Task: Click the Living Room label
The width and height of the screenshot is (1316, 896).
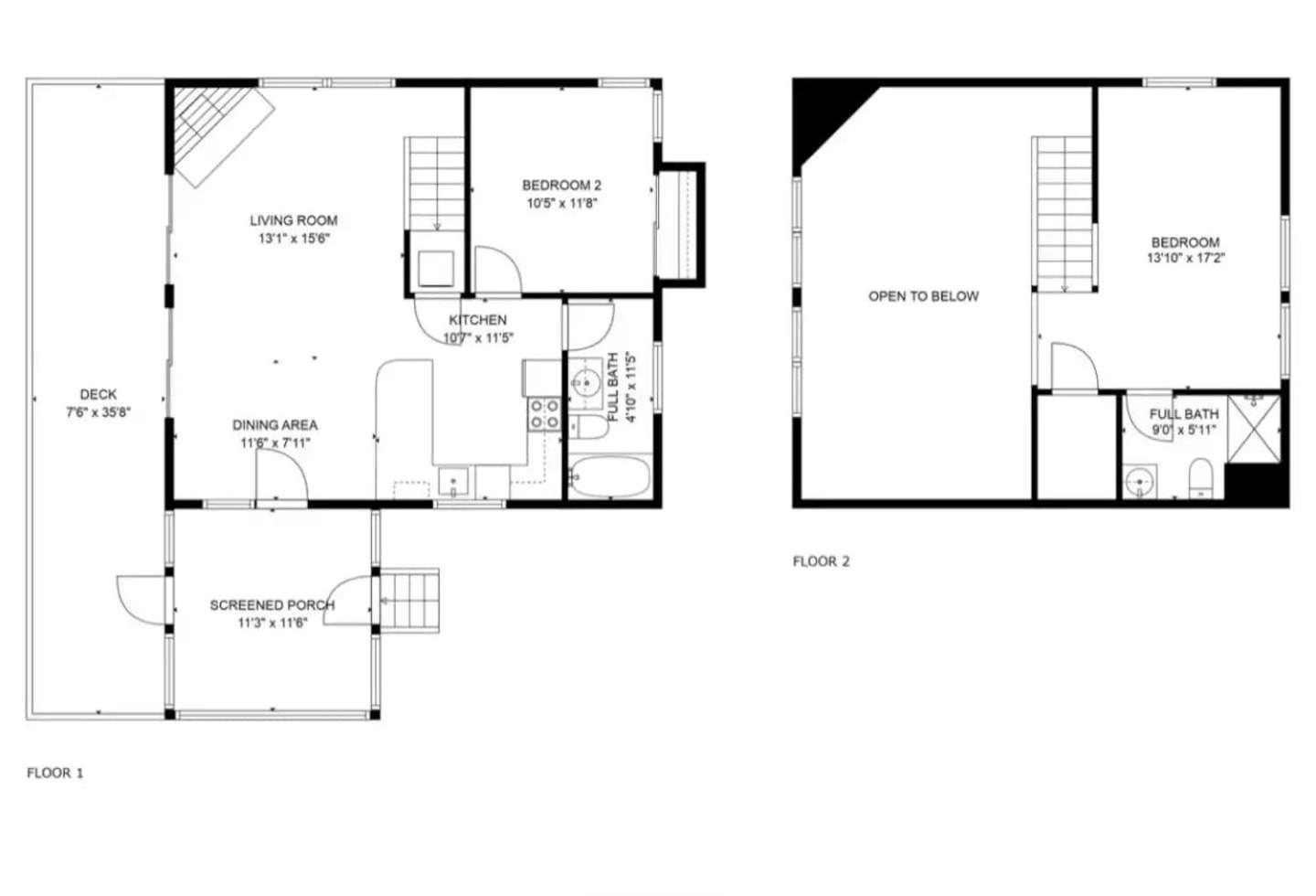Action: coord(293,220)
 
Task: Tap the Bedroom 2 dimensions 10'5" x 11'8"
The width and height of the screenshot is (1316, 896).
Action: coord(562,203)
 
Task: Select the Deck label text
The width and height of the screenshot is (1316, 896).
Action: coord(98,394)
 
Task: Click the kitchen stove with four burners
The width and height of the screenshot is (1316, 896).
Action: coord(544,413)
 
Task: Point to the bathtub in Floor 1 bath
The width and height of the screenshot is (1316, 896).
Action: coord(610,477)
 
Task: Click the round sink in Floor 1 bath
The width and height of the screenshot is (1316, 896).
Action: coord(585,384)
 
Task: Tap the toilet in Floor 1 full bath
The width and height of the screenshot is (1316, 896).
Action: coord(589,427)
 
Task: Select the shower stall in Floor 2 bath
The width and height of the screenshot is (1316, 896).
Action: coord(1254,429)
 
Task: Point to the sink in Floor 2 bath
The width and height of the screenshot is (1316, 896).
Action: coord(1140,482)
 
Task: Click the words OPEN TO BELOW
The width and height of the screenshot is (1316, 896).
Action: coord(924,296)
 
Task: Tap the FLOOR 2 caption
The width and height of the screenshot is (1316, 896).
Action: coord(822,561)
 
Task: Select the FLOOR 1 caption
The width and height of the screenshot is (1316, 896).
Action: coord(55,773)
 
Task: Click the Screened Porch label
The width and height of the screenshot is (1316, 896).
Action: coord(272,605)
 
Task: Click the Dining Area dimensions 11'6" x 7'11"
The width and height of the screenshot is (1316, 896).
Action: coord(275,443)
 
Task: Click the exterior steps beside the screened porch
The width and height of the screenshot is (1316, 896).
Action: coord(409,601)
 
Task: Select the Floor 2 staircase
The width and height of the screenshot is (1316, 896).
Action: coord(1065,214)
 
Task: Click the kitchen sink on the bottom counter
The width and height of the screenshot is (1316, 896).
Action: coord(453,482)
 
